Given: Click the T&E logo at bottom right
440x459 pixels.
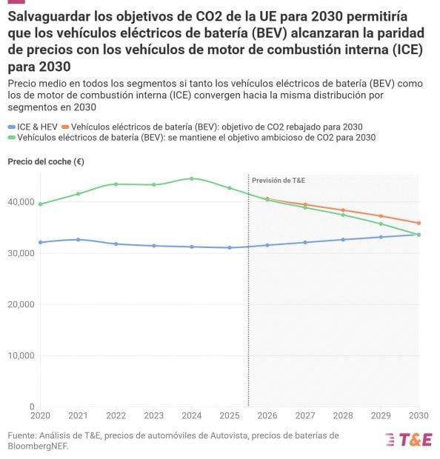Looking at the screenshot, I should click(x=408, y=439).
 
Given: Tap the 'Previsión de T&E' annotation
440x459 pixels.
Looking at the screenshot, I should click(x=278, y=180).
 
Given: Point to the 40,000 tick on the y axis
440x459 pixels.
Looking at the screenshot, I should click(x=22, y=202).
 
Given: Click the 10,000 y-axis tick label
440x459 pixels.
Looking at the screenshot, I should click(x=22, y=355).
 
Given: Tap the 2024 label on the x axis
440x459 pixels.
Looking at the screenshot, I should click(x=192, y=416).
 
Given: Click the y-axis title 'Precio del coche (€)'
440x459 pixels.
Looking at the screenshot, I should click(x=45, y=161).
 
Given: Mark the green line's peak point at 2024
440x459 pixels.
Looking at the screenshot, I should click(x=192, y=178).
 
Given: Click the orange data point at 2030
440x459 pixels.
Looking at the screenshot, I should click(x=419, y=223).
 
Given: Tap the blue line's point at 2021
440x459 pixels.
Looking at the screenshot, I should click(x=78, y=239).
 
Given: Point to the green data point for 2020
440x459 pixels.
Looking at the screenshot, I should click(x=40, y=204).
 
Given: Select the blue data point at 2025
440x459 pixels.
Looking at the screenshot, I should click(x=230, y=247).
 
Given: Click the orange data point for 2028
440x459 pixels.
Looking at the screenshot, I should click(x=343, y=210).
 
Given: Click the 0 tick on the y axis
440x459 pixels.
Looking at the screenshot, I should click(x=32, y=406).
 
